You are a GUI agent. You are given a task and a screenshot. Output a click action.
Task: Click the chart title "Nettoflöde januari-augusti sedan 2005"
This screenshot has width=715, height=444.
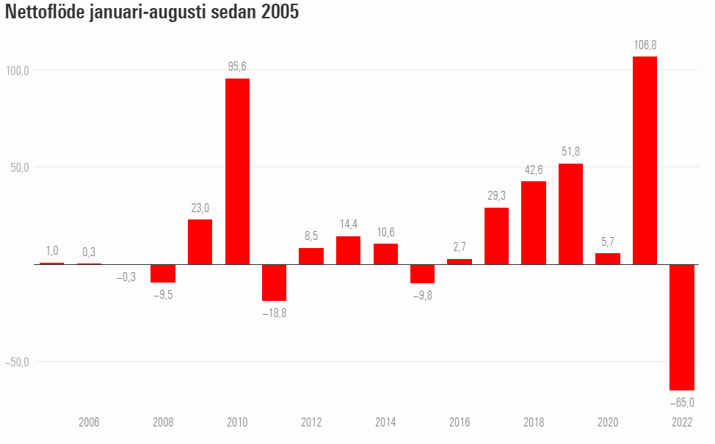(x=152, y=12)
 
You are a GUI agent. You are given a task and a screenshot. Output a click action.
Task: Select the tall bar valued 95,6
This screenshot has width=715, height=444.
(x=238, y=172)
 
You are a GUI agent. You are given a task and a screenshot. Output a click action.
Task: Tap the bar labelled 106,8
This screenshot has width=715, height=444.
(x=645, y=161)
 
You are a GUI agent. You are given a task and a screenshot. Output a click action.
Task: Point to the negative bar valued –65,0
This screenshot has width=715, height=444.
(x=682, y=327)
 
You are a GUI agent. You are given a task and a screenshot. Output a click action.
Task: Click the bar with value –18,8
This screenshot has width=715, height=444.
(x=274, y=283)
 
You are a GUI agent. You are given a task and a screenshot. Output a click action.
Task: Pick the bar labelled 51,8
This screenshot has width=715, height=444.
(x=570, y=214)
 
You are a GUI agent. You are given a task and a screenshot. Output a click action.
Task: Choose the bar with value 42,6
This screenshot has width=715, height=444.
(x=534, y=223)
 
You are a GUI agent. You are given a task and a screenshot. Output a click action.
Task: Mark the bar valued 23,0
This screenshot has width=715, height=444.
(x=200, y=242)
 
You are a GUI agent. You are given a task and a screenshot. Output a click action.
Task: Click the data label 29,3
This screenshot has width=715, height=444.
(x=496, y=195)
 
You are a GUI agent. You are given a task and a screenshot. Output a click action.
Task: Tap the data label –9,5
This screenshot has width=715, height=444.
(x=163, y=295)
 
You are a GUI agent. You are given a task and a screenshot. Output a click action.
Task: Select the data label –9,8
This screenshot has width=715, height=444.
(x=423, y=296)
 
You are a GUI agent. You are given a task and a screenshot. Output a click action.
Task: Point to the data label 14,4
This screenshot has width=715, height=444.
(x=349, y=225)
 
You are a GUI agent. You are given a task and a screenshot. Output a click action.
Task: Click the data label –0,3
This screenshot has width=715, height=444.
(x=126, y=277)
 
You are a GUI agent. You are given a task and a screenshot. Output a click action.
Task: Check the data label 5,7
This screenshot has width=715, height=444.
(x=608, y=241)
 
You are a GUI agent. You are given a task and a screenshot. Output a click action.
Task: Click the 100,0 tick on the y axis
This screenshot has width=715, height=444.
(x=18, y=70)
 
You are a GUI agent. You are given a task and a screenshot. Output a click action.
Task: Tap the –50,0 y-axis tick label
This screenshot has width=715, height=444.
(x=17, y=362)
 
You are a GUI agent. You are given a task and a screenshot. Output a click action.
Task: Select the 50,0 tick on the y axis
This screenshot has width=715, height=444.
(x=20, y=168)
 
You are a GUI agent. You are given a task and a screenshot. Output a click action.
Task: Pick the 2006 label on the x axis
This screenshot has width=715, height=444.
(x=89, y=422)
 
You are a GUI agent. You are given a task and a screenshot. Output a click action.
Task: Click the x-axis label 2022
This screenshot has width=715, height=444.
(x=682, y=422)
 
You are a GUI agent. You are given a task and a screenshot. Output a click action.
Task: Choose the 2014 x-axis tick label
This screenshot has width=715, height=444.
(x=386, y=422)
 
